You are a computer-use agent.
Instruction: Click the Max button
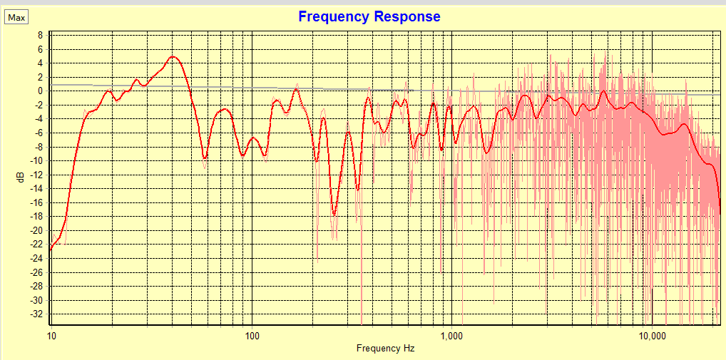16,18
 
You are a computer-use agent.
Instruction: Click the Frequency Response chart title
369,16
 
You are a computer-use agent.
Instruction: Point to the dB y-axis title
21,176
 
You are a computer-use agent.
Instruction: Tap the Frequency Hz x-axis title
385,349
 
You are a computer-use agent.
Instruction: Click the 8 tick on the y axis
41,35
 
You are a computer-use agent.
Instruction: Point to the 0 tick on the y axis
41,91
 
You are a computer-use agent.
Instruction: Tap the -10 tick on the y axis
38,160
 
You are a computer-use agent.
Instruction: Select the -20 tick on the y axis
38,230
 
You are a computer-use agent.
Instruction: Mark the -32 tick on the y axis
38,314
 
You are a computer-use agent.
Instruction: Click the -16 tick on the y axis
38,202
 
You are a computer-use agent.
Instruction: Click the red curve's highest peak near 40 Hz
173,56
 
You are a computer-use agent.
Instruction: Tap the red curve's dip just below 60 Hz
205,158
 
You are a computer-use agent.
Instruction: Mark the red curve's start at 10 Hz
51,250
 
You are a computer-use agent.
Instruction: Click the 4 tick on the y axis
41,63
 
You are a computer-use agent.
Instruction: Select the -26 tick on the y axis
38,272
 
